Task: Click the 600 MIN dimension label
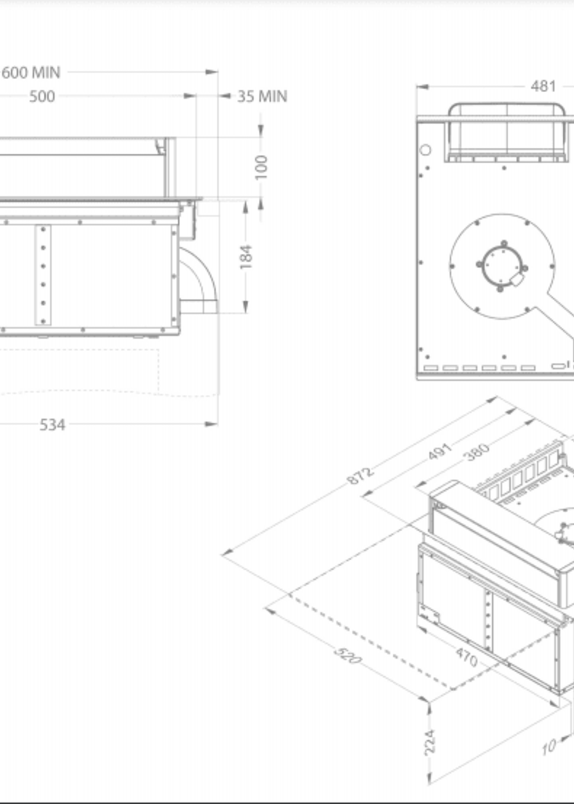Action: coord(31,73)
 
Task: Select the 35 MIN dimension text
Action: coord(262,97)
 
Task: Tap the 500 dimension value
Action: coord(42,97)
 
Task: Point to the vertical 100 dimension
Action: coord(261,167)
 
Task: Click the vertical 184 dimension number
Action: coord(246,257)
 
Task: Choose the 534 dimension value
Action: coord(52,425)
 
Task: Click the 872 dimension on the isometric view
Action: coord(360,476)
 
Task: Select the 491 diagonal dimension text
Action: coord(440,452)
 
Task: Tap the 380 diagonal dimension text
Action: coord(478,452)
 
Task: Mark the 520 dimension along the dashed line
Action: coord(348,655)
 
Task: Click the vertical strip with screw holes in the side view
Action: coord(43,275)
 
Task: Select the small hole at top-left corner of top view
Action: coord(426,150)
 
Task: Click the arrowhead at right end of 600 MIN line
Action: coord(212,72)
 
